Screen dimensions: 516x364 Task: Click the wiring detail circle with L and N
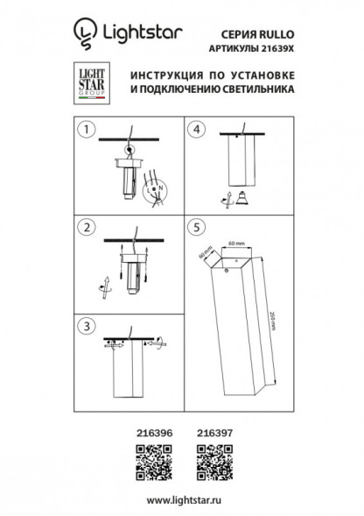157,188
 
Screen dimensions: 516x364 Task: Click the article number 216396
156,432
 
